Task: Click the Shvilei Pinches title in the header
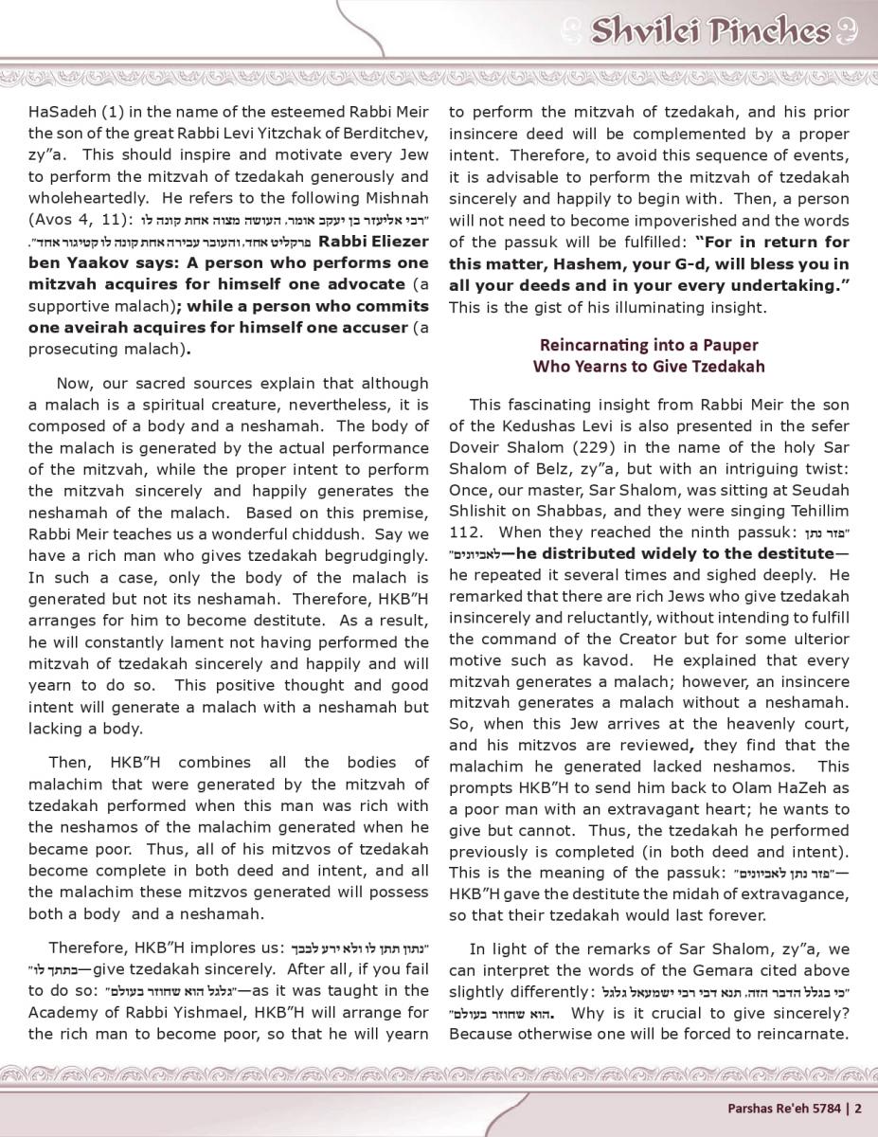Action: coord(710,32)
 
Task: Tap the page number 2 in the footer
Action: coord(858,1106)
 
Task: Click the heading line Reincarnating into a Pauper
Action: coord(649,345)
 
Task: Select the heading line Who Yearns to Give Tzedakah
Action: coord(649,366)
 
